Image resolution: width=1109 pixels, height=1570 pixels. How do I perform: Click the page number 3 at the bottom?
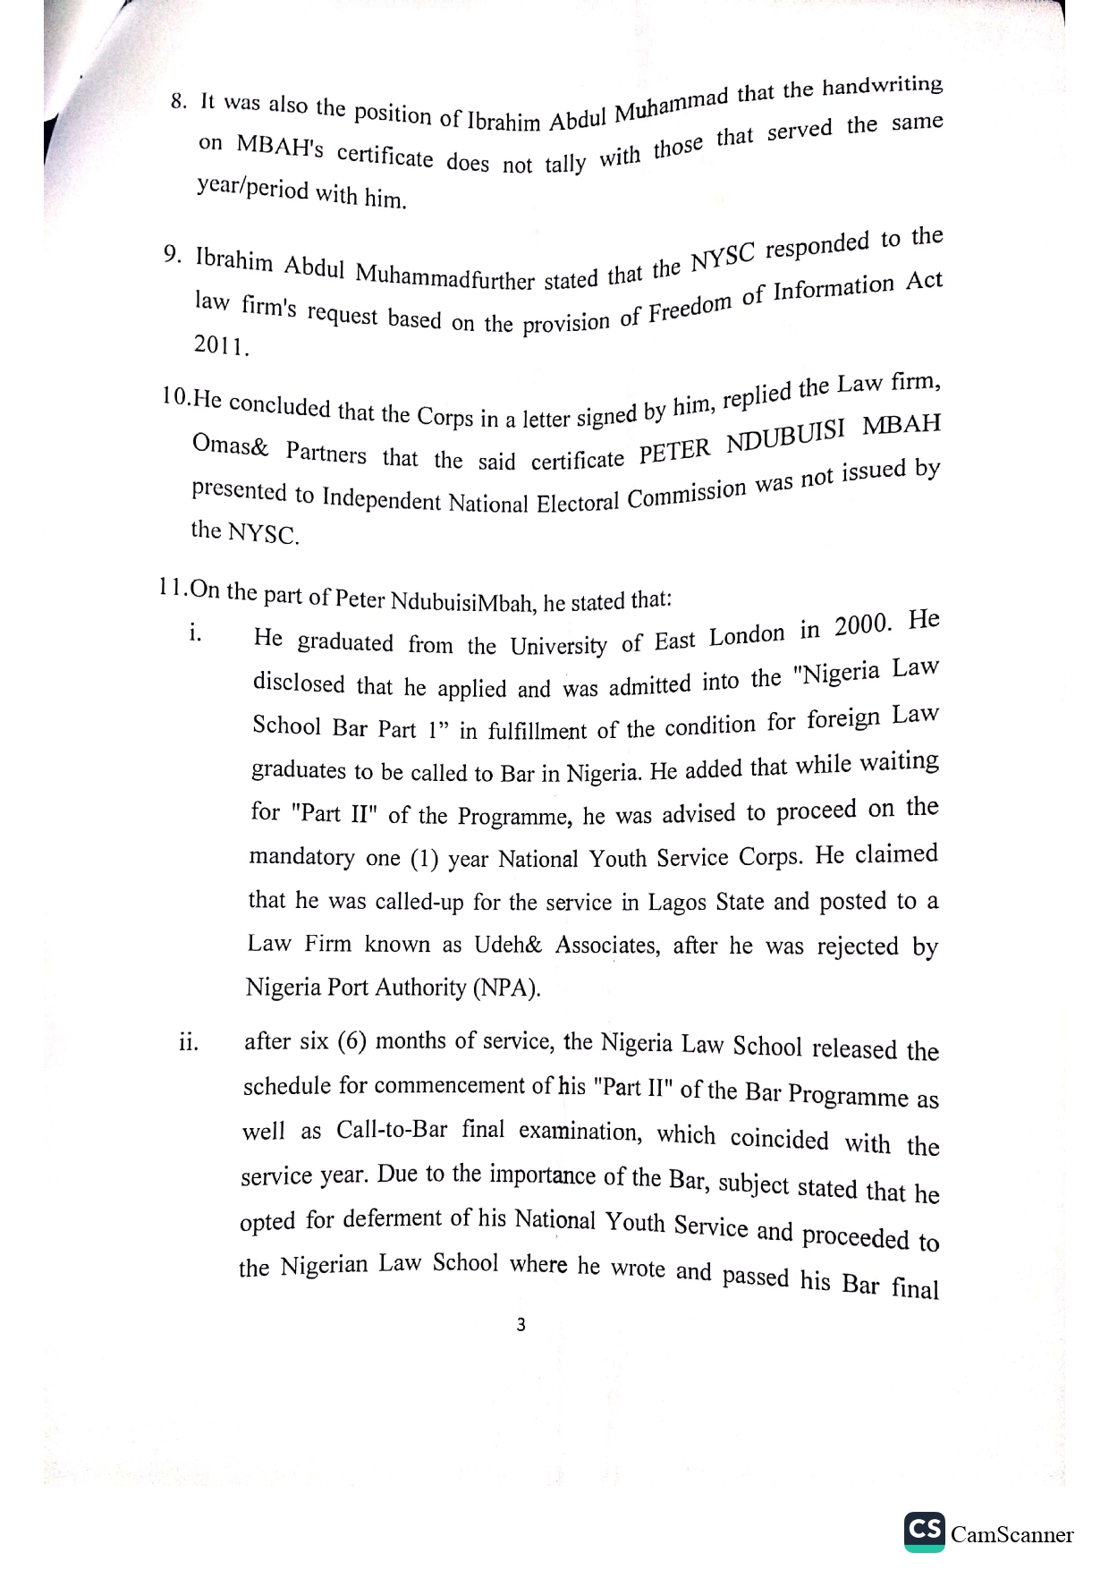521,1325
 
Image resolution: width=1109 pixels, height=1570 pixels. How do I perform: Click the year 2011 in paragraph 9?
221,346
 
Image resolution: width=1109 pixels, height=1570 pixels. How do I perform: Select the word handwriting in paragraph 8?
882,87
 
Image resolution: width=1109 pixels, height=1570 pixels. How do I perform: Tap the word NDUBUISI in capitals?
784,438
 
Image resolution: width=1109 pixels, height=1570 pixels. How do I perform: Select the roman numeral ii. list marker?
188,1043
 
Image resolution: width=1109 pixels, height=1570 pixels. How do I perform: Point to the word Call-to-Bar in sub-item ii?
392,1129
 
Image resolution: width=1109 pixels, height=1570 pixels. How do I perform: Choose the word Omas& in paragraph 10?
230,446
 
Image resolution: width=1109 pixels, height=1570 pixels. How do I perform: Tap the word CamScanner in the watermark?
1012,1535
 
